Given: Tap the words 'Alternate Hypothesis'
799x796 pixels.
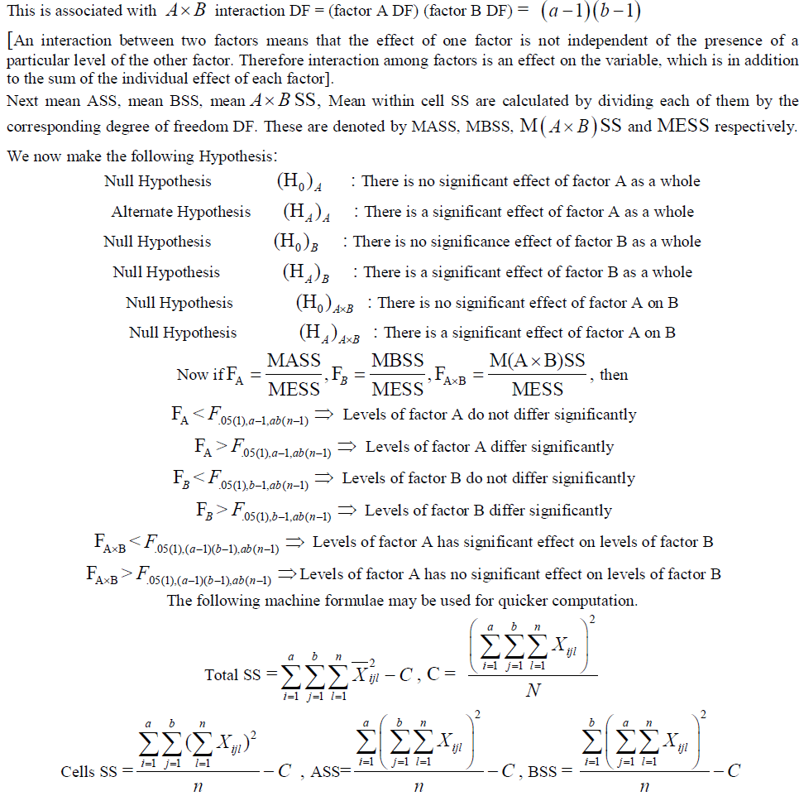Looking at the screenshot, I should coord(181,212).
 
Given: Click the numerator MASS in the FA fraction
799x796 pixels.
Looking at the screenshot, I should coord(294,361).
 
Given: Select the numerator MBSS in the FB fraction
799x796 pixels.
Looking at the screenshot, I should coord(397,361).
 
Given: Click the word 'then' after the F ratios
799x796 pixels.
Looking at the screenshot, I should coord(614,375).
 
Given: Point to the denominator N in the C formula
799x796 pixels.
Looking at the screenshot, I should coord(533,691).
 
